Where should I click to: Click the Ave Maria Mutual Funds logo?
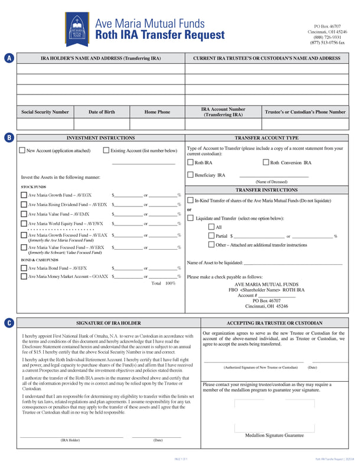click(x=76, y=28)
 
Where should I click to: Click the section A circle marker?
click(x=9, y=58)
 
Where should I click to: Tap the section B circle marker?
click(x=9, y=138)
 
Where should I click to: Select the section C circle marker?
click(x=9, y=323)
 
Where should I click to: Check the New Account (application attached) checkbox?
click(x=22, y=150)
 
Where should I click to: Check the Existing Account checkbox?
click(x=106, y=150)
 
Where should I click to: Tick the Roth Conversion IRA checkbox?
click(x=265, y=162)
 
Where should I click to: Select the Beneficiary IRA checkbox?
click(x=190, y=175)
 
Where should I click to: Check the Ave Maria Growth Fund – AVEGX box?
click(x=24, y=195)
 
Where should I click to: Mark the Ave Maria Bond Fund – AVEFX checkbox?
click(x=24, y=268)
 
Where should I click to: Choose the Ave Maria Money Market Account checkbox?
click(x=24, y=276)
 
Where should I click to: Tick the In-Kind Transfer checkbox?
click(x=190, y=201)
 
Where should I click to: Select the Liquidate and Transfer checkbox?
click(x=190, y=218)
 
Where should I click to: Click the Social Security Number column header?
click(x=45, y=112)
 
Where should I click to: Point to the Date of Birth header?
click(x=102, y=112)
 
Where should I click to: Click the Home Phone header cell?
click(x=157, y=112)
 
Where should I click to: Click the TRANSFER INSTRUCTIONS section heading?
click(x=266, y=190)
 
